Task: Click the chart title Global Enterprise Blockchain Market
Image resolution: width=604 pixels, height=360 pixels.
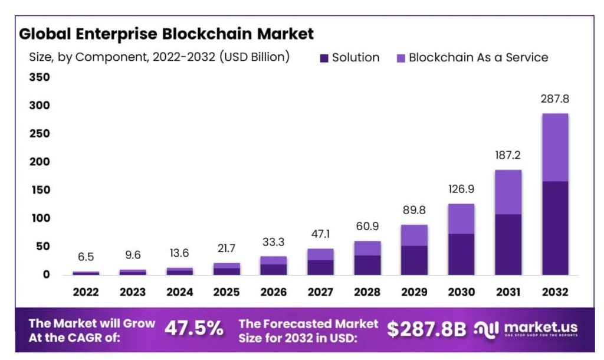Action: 166,34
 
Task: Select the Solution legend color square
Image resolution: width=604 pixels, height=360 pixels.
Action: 324,58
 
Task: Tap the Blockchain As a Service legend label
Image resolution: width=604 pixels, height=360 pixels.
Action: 478,57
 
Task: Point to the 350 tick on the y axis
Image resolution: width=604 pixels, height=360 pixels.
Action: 39,77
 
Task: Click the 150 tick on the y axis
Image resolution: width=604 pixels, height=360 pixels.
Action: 39,190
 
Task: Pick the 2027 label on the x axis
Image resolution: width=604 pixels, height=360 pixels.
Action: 320,292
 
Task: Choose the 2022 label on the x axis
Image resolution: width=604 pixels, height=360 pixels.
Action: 86,292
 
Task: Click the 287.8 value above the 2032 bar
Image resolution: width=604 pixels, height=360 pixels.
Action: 554,99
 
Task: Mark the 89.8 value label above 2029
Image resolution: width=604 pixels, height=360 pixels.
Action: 414,210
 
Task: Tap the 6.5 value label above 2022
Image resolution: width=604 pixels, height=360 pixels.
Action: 86,257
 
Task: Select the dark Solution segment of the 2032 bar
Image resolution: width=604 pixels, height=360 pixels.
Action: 554,228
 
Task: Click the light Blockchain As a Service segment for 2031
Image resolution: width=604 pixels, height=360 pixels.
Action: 508,192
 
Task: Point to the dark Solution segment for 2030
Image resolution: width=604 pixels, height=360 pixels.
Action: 461,254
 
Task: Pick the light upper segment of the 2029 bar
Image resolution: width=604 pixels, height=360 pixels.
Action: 414,235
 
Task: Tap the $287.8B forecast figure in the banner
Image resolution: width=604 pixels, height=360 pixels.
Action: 426,329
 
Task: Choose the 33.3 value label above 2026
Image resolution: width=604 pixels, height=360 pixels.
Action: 274,241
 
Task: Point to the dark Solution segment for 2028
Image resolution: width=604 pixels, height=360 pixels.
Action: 367,265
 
